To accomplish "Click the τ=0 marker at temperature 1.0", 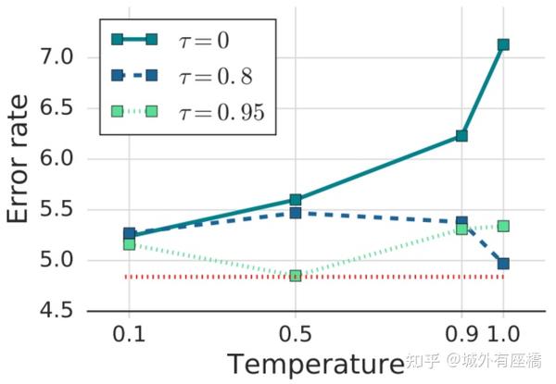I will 503,44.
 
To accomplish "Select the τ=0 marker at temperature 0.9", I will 461,136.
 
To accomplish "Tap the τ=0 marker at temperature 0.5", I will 296,200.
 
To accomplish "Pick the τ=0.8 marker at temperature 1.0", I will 503,264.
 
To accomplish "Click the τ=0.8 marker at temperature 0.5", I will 296,213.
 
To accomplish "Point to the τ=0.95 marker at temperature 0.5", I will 296,276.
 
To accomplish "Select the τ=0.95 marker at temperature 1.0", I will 503,226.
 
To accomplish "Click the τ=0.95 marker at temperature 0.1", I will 129,244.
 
